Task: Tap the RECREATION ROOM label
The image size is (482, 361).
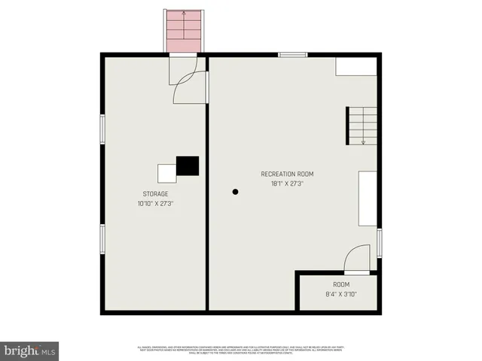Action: [287, 174]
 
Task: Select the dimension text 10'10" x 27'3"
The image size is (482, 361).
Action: [156, 203]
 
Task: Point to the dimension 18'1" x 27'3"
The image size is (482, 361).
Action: [287, 183]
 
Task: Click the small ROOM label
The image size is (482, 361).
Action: [341, 284]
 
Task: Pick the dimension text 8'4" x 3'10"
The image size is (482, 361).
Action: [341, 294]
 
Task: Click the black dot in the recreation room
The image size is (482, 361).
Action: [236, 193]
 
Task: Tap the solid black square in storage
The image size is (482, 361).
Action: [188, 166]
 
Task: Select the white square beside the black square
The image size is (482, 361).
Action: [166, 173]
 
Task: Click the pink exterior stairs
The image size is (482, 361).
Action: [185, 32]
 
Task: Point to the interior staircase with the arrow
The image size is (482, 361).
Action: [361, 126]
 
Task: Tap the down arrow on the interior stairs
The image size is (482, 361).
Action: [364, 140]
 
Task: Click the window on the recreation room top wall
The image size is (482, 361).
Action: [292, 54]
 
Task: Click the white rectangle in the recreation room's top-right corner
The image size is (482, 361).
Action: [355, 66]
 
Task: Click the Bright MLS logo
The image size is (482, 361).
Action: [29, 350]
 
